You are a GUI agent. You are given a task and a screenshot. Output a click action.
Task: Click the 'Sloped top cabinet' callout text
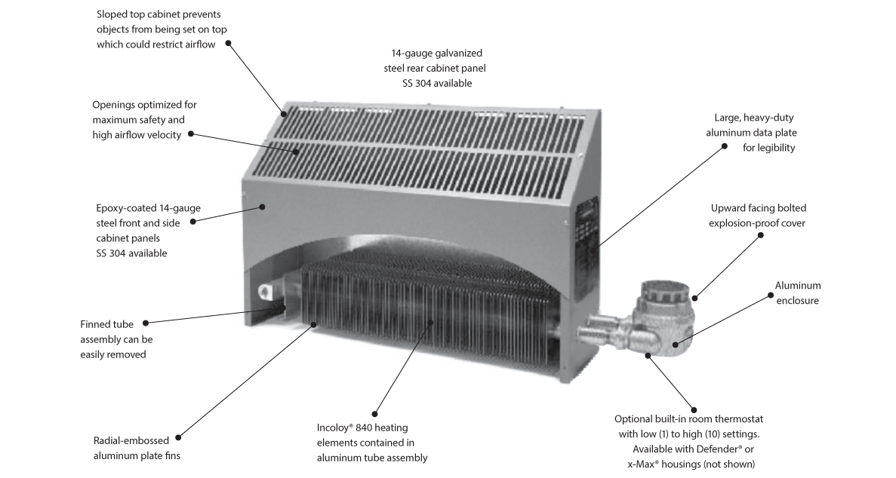(162, 29)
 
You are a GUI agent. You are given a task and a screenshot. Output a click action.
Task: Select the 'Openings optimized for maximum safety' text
(143, 120)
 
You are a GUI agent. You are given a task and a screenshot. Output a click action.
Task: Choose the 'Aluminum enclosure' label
(797, 293)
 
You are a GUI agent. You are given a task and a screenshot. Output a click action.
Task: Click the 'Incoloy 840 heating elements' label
(372, 443)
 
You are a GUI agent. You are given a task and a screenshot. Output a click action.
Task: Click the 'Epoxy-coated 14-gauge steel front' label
(147, 230)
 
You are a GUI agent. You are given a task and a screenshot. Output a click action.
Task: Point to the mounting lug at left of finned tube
(268, 291)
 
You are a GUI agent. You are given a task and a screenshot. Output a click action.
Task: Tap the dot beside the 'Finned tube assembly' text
(146, 323)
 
